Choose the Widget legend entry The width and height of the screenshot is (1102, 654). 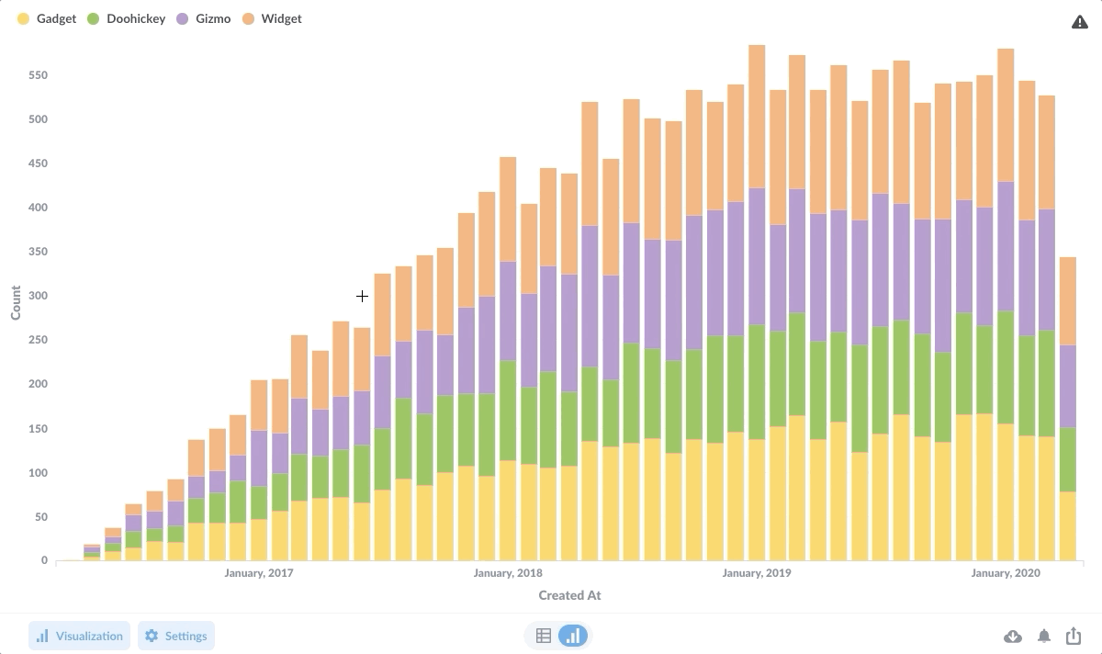[x=272, y=18]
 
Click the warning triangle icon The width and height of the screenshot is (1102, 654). [x=1080, y=22]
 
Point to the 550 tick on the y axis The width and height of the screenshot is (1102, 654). [x=37, y=75]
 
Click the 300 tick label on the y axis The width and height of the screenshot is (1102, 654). [x=37, y=296]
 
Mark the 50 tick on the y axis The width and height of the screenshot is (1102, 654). [x=40, y=517]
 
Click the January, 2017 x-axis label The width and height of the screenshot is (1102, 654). [x=259, y=573]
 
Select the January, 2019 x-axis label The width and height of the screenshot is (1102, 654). [x=757, y=573]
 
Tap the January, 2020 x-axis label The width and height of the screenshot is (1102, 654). [x=1006, y=573]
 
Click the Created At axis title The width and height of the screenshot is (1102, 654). [x=569, y=595]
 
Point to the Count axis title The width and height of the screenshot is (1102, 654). [x=16, y=302]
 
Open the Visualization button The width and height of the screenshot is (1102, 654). [x=79, y=636]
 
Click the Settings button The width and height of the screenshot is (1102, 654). [x=176, y=636]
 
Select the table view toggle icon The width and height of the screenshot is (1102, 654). [x=544, y=636]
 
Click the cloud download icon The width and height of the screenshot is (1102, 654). [x=1013, y=637]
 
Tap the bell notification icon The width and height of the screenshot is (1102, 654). [x=1044, y=637]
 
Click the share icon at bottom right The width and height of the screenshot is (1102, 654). [x=1074, y=636]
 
